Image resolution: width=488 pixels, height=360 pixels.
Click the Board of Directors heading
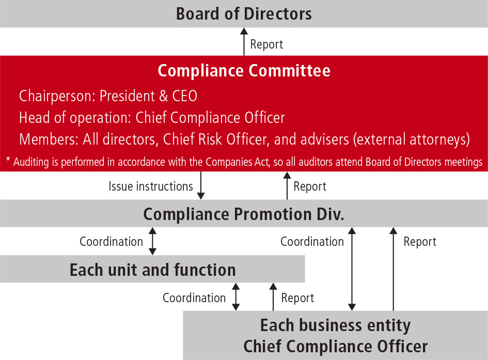(x=244, y=13)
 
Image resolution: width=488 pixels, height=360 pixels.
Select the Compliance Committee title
(x=244, y=70)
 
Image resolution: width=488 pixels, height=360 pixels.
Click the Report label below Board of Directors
(x=266, y=44)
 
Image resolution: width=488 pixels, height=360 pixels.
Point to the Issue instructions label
(x=151, y=186)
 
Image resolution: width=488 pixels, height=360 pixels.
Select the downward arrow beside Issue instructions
(x=201, y=186)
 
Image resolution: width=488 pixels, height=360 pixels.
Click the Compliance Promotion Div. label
(x=244, y=214)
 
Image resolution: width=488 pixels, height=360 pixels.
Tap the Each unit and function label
(x=152, y=270)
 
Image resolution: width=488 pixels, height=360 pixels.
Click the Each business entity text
(x=335, y=325)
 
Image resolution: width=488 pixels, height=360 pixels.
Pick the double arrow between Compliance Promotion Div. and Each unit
(x=152, y=241)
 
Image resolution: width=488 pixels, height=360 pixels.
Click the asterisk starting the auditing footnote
(x=8, y=161)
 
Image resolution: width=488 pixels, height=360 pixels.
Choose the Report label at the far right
(x=420, y=241)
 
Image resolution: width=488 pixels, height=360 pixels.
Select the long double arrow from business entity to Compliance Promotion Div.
(x=352, y=269)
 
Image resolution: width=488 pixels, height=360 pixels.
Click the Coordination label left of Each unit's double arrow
(x=111, y=241)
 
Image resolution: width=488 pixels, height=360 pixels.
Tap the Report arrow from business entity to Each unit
(x=272, y=297)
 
